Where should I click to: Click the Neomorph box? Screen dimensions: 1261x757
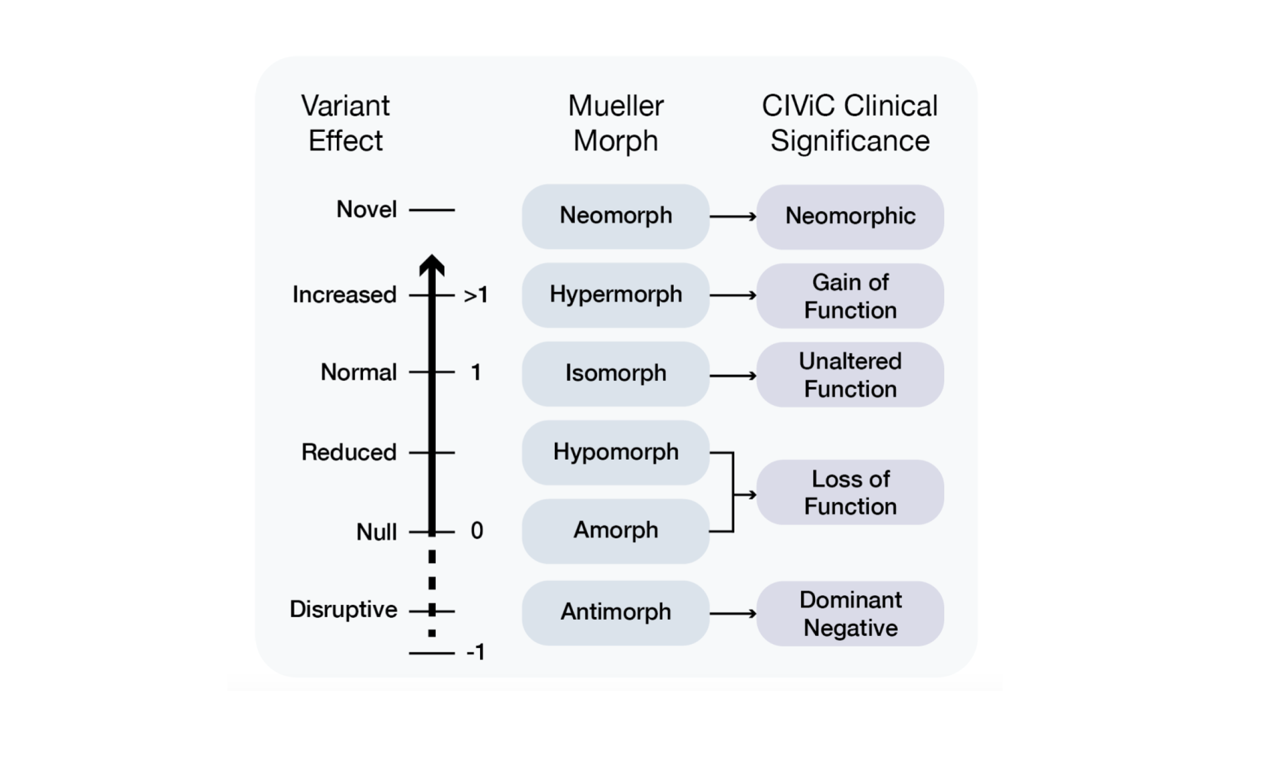pyautogui.click(x=616, y=217)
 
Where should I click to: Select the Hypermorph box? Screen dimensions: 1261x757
pyautogui.click(x=616, y=295)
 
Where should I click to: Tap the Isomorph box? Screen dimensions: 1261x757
pyautogui.click(x=616, y=373)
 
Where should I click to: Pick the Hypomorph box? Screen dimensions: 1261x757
pyautogui.click(x=616, y=453)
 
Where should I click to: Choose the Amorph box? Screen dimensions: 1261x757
pyautogui.click(x=616, y=531)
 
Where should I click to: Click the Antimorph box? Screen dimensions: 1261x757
pyautogui.click(x=616, y=613)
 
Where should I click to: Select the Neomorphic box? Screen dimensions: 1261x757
pyautogui.click(x=850, y=217)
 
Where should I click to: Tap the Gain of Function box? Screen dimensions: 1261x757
pyautogui.click(x=850, y=296)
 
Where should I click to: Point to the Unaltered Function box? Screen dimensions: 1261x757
pyautogui.click(x=850, y=374)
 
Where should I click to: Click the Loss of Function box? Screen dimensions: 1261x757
pyautogui.click(x=850, y=492)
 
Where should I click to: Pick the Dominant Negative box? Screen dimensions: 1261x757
pyautogui.click(x=850, y=614)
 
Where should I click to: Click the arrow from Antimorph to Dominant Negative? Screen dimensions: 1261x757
pyautogui.click(x=733, y=613)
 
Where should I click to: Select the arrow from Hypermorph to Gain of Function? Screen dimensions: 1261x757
pyautogui.click(x=733, y=295)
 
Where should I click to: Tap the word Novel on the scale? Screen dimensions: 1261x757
pyautogui.click(x=367, y=209)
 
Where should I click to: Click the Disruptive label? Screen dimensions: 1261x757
pyautogui.click(x=343, y=610)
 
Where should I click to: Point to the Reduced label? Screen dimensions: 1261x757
pyautogui.click(x=349, y=453)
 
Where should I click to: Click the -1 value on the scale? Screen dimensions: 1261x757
pyautogui.click(x=476, y=653)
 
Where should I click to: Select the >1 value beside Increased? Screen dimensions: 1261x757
pyautogui.click(x=476, y=295)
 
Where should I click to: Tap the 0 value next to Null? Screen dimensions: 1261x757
pyautogui.click(x=477, y=531)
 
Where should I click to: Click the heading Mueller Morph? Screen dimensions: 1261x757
pyautogui.click(x=616, y=123)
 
